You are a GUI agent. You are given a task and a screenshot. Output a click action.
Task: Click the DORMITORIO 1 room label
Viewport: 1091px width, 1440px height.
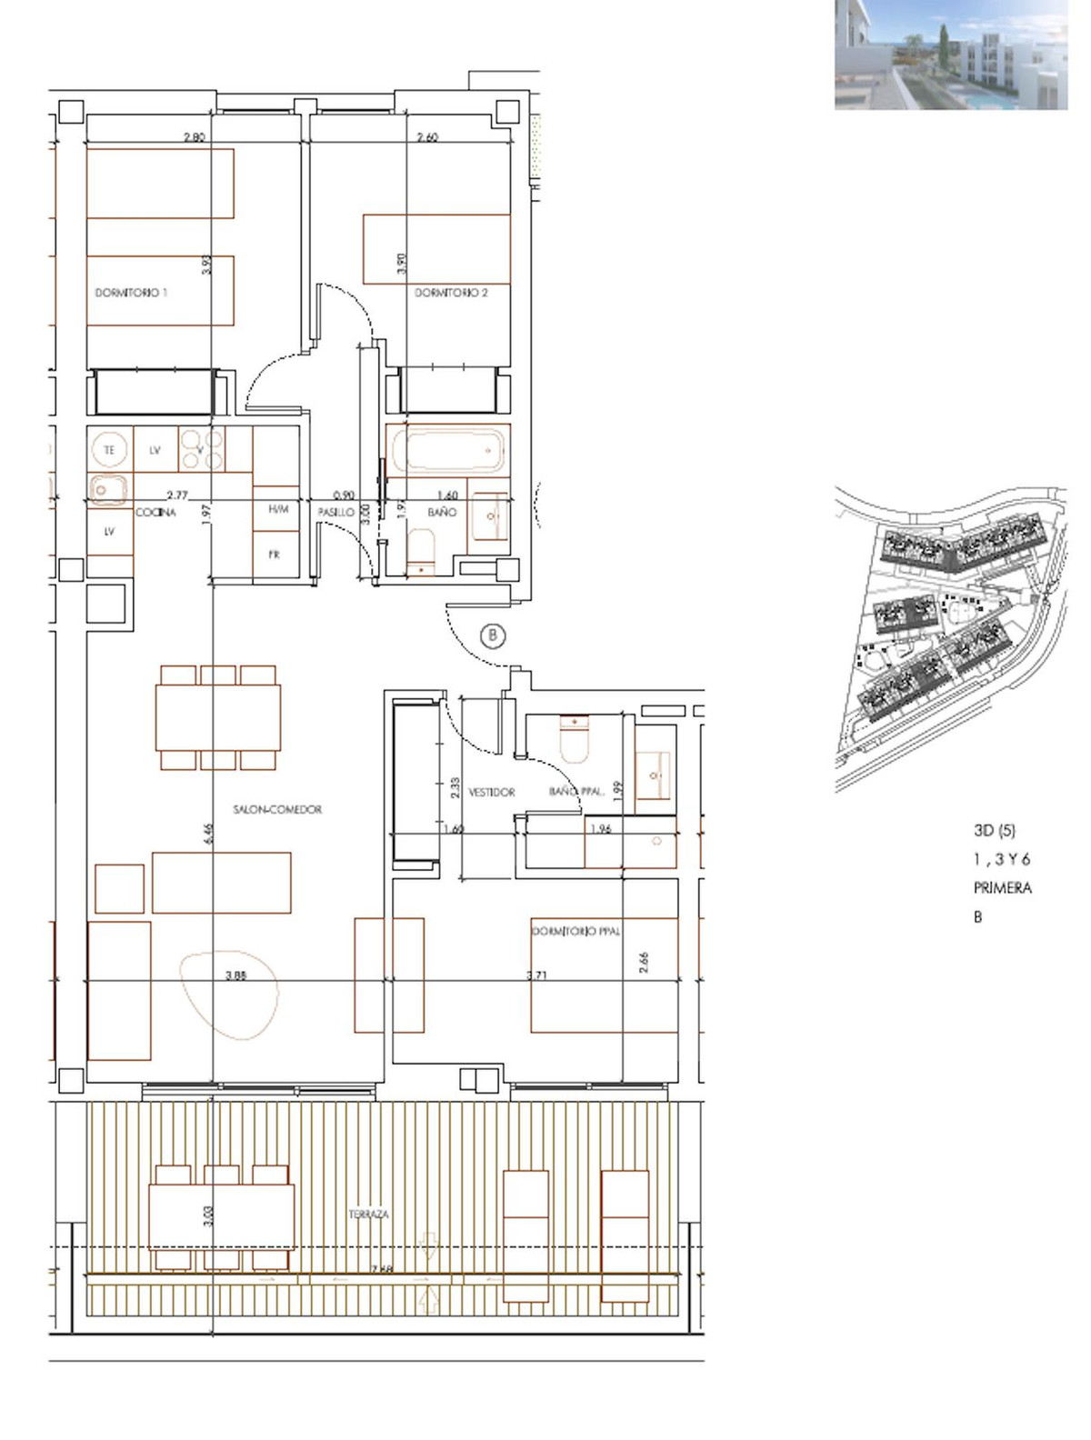pos(131,293)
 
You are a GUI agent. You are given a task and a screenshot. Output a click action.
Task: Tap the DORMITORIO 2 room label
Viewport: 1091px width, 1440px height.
pos(451,293)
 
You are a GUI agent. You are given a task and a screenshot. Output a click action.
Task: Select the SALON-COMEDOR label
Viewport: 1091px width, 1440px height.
pos(277,809)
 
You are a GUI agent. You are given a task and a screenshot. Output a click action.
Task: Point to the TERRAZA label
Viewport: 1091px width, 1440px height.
pos(368,1214)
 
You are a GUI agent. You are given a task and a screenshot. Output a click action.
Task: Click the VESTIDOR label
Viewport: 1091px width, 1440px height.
pos(492,793)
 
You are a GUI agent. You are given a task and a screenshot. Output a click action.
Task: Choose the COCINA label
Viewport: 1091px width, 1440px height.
pos(155,513)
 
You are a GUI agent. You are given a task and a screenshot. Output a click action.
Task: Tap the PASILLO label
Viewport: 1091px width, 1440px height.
pos(335,513)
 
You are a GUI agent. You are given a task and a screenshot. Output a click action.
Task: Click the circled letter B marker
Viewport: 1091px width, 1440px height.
pos(493,635)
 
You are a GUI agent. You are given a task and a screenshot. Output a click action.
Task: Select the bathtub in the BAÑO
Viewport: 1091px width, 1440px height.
pos(446,450)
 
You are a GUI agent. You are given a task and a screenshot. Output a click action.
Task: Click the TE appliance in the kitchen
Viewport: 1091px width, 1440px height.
pos(110,450)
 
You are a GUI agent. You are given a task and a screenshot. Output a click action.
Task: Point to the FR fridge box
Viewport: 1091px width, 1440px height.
pos(275,555)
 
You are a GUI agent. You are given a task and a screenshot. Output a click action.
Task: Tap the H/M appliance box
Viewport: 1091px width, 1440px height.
pos(278,510)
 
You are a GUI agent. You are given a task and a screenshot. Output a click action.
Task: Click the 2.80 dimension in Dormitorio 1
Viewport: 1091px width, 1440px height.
pos(194,137)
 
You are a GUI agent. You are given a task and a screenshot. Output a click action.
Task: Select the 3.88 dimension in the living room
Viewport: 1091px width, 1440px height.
pos(236,975)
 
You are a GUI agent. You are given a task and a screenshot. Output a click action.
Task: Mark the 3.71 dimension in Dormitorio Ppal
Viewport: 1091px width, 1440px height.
pos(537,975)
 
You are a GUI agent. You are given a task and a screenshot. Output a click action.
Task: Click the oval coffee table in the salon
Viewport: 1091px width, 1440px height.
pos(227,995)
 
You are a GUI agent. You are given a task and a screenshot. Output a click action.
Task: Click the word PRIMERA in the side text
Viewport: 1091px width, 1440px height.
pos(1002,888)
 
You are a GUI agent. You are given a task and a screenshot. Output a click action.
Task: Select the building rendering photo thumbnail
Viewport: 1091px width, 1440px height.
pos(951,55)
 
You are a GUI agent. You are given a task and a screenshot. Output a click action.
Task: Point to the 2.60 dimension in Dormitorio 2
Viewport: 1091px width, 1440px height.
pos(427,137)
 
